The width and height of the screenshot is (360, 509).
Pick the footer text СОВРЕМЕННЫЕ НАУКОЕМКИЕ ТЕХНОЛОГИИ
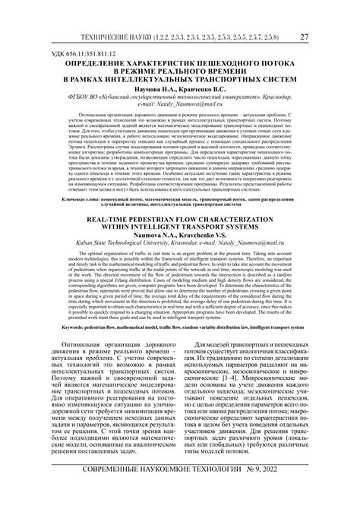(151, 488)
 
